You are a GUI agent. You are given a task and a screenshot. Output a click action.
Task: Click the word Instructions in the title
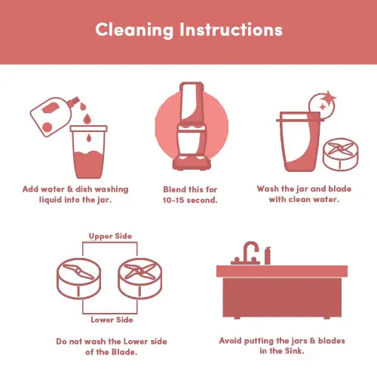(x=231, y=29)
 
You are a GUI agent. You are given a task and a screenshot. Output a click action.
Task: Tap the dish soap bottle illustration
(x=54, y=116)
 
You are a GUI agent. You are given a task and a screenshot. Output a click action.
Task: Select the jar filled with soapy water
(x=88, y=152)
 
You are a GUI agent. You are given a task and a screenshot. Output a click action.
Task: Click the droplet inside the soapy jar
(x=88, y=138)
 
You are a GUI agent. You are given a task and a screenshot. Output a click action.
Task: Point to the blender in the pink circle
(x=192, y=126)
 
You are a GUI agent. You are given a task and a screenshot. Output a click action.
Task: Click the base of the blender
(x=192, y=162)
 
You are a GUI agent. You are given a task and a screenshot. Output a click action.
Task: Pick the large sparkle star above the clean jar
(x=329, y=97)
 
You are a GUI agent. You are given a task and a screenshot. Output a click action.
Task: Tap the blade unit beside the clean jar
(x=341, y=154)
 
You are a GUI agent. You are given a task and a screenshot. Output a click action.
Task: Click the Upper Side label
(x=110, y=236)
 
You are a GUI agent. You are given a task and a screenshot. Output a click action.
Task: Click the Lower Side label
(x=112, y=320)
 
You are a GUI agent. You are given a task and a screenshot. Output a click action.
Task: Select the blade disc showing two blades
(x=78, y=278)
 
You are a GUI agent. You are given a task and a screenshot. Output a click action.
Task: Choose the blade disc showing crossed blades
(x=140, y=278)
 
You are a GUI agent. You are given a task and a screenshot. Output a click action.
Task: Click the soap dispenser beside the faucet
(x=268, y=256)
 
